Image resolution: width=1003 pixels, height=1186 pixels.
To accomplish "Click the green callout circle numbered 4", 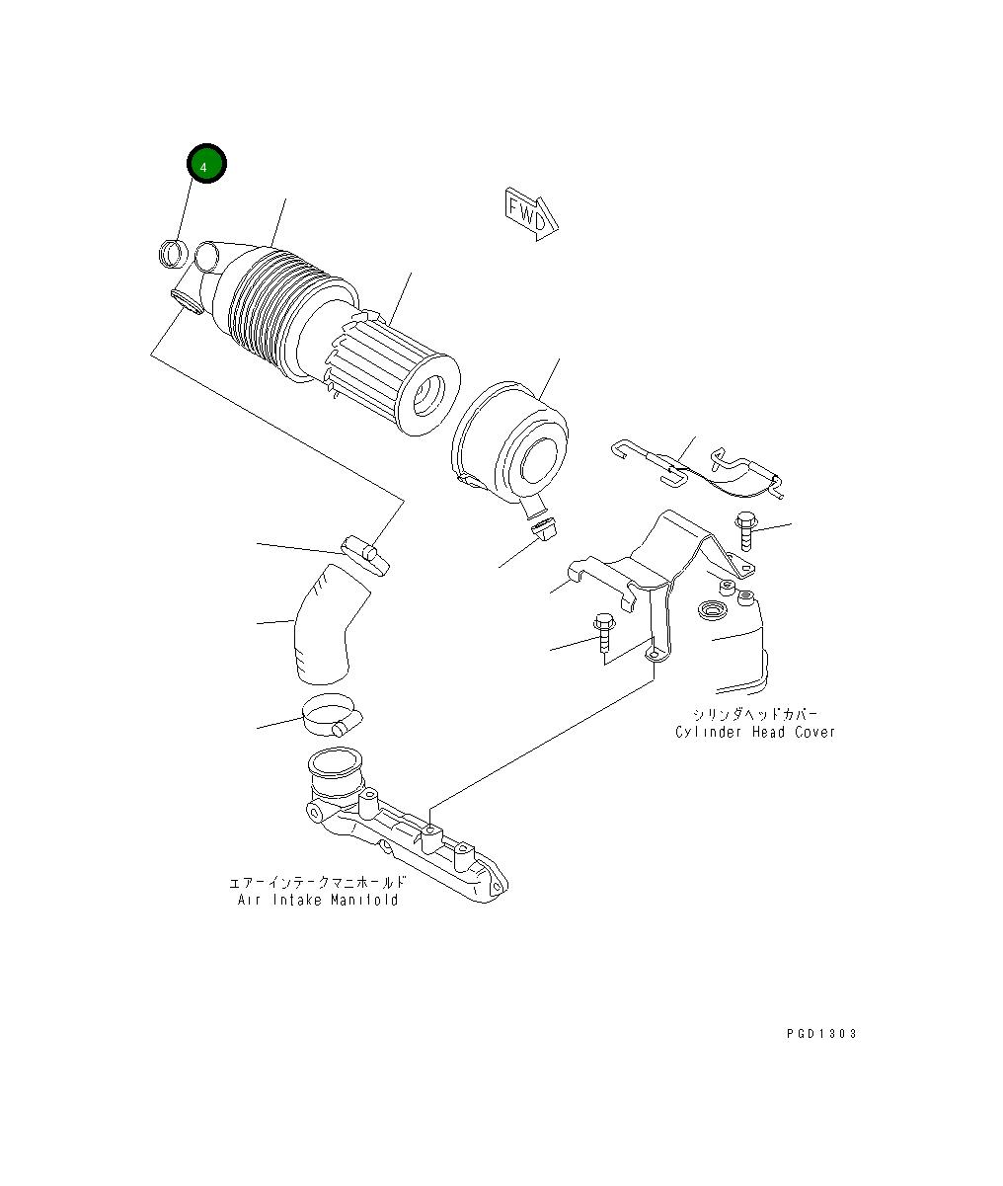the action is [x=206, y=164].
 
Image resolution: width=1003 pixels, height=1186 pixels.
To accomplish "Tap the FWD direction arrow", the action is [x=531, y=213].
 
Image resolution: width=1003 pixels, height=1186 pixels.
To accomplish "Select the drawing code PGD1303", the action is [x=821, y=1033].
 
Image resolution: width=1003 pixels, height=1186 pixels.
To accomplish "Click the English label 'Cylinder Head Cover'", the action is [x=754, y=732].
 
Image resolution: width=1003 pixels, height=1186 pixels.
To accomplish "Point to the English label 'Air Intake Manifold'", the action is [x=318, y=899].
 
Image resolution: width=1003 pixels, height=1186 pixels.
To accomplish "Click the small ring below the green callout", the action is [x=173, y=253].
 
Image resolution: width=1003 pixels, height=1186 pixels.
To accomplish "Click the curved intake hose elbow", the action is [x=329, y=625].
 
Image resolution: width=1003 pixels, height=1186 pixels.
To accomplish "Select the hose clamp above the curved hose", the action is [x=366, y=554].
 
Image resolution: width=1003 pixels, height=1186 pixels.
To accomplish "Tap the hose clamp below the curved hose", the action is [x=333, y=715].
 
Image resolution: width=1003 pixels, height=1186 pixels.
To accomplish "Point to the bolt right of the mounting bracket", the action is [x=746, y=530].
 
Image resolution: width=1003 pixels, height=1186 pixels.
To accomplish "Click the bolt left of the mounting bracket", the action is [x=604, y=632].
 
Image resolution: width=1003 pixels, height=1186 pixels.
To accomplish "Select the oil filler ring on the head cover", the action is [x=713, y=609].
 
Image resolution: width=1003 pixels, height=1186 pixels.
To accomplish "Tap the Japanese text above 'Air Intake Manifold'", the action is [x=318, y=882].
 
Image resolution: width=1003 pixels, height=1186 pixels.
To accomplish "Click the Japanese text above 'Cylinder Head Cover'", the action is [x=754, y=714].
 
